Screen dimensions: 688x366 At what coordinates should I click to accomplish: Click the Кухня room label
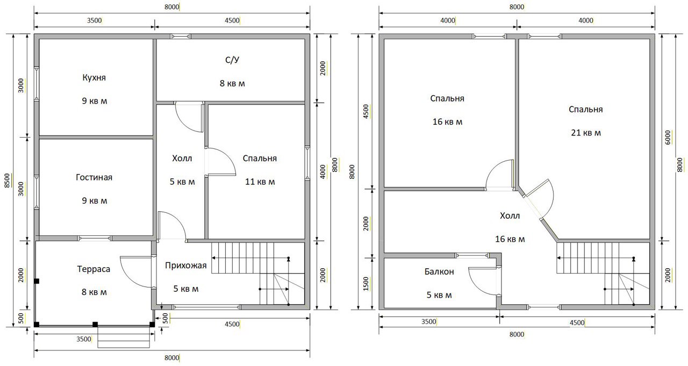(x=94, y=77)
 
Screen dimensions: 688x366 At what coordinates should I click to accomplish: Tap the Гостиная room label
(x=94, y=177)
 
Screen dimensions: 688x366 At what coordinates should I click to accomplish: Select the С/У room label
(x=232, y=60)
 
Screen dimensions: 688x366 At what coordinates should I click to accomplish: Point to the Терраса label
(x=94, y=269)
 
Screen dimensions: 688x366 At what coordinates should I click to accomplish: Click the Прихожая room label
(x=185, y=265)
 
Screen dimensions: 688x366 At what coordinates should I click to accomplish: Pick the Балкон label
(x=439, y=271)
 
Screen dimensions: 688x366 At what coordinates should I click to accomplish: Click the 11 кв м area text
(x=260, y=182)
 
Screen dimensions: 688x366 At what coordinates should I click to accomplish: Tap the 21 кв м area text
(x=586, y=133)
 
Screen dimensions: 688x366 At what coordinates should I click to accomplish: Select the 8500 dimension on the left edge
(x=8, y=180)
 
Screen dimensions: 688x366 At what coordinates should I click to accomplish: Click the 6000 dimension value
(x=668, y=137)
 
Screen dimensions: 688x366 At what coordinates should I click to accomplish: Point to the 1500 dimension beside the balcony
(x=365, y=284)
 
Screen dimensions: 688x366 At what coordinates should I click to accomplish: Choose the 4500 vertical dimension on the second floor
(x=365, y=112)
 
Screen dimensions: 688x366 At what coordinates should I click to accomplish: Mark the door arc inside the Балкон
(x=482, y=282)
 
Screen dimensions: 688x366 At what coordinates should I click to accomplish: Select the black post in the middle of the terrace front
(x=95, y=324)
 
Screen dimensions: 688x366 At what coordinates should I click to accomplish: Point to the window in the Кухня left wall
(x=37, y=83)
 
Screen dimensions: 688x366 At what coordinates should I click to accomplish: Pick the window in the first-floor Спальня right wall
(x=307, y=163)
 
